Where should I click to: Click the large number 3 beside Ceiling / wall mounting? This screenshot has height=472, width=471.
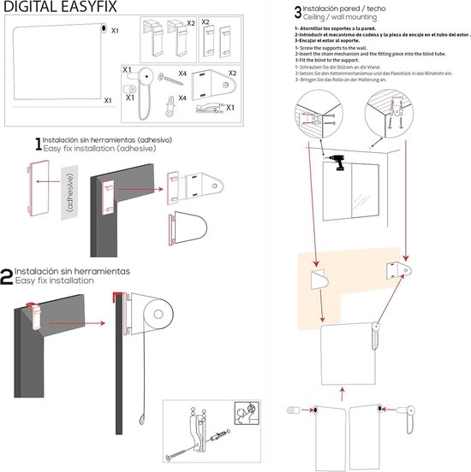coord(297,13)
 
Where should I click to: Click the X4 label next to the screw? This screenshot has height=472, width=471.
coord(182,75)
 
